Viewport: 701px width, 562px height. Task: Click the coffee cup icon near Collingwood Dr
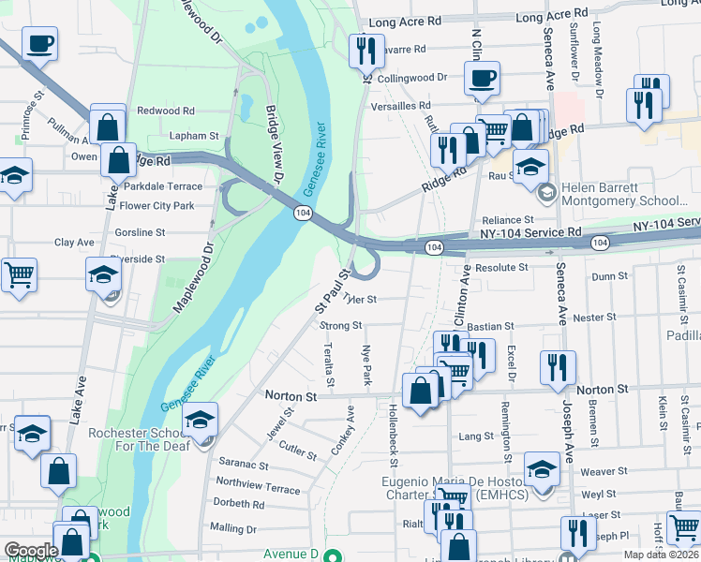click(482, 79)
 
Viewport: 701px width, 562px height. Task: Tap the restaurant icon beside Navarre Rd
click(365, 50)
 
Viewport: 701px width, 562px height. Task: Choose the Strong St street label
click(341, 326)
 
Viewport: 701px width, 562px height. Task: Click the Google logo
click(31, 550)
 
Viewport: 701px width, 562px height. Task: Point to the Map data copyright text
click(661, 555)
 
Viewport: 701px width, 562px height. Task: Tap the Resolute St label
click(501, 267)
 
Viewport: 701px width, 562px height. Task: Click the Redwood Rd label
click(165, 111)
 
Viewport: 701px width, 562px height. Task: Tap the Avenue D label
click(291, 553)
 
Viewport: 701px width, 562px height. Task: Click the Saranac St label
click(243, 465)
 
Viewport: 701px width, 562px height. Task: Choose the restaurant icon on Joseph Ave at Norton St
click(559, 367)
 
